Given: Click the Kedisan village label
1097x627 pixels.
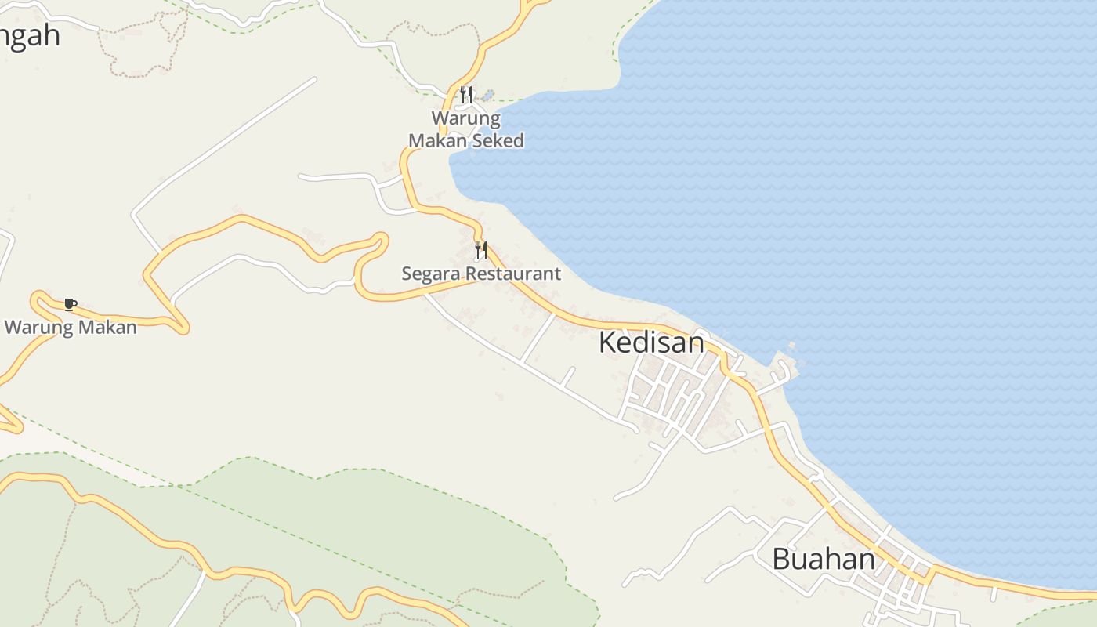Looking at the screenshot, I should (651, 342).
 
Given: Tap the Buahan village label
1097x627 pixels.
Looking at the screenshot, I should (824, 560).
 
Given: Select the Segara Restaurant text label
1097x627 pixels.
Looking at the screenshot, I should (481, 274).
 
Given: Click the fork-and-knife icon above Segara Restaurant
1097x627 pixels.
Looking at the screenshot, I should (481, 251).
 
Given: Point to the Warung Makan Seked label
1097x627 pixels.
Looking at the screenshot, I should (466, 130).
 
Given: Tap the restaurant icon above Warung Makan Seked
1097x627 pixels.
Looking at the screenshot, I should (466, 96).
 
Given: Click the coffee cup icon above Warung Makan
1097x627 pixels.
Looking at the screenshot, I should (71, 304).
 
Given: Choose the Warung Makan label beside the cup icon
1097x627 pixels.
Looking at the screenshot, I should (71, 328).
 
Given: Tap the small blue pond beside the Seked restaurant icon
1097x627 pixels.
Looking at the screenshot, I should (488, 96).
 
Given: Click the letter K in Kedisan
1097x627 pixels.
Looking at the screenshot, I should (608, 342).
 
